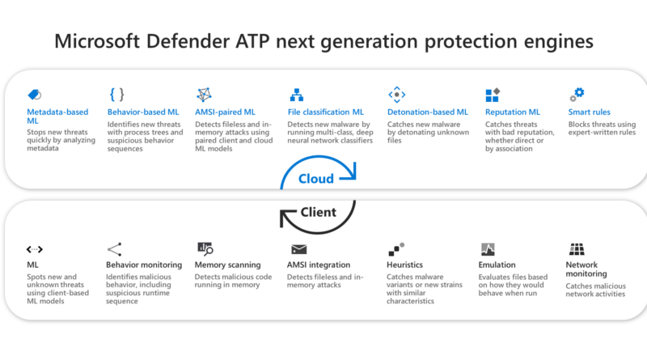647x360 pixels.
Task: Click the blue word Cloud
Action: (315, 178)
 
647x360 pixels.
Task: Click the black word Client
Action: (318, 212)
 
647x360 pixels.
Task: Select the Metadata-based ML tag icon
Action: (34, 95)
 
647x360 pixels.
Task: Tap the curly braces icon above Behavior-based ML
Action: (116, 94)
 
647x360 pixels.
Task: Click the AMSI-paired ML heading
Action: (225, 112)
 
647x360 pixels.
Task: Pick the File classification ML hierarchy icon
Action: (296, 95)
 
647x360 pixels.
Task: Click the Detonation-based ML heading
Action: (428, 112)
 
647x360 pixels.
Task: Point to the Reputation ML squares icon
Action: (493, 95)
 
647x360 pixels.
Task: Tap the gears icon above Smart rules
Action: (577, 94)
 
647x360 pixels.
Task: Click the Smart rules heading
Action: (589, 112)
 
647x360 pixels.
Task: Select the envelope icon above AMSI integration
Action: (298, 249)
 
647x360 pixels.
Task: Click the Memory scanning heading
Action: (227, 265)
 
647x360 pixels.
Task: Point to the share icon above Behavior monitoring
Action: (114, 249)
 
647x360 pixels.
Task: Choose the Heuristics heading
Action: (404, 265)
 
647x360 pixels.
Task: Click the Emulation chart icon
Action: (488, 249)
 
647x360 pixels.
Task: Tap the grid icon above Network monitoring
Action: (577, 249)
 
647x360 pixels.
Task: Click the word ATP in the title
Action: (252, 41)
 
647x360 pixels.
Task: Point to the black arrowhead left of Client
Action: (287, 218)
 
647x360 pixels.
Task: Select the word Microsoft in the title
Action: (97, 41)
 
